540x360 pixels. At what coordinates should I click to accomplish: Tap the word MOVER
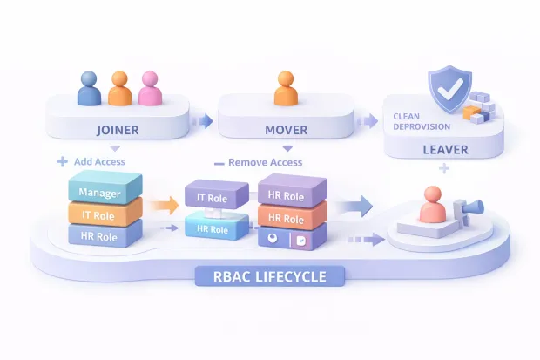coord(285,130)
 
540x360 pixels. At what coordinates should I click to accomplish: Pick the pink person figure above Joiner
coord(150,89)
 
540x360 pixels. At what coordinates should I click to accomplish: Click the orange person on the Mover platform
coord(285,90)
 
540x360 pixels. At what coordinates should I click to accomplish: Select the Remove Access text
coord(264,162)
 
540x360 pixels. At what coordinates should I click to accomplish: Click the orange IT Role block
coord(104,214)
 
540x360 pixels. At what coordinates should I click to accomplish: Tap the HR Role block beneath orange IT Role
coord(104,236)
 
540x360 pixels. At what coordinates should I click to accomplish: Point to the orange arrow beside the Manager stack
coord(159,207)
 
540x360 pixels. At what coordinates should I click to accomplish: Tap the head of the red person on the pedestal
coord(430,194)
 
